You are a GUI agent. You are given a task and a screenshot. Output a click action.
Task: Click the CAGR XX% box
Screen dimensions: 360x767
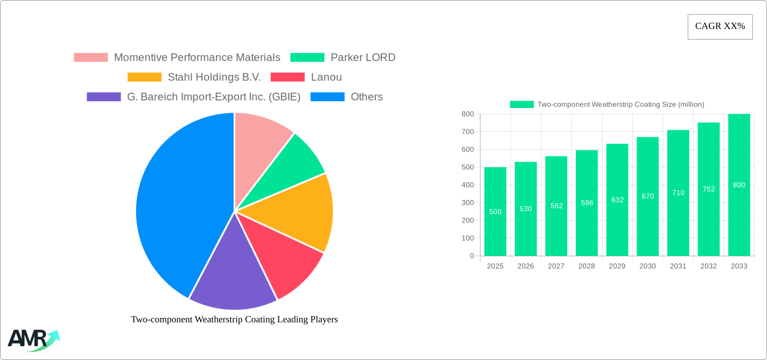[x=720, y=27]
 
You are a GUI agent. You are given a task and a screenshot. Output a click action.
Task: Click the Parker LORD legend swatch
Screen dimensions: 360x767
[x=307, y=58]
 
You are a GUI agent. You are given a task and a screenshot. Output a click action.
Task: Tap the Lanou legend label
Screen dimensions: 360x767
[x=326, y=77]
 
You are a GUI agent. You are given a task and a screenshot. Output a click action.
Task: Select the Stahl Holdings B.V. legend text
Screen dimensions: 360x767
[x=214, y=77]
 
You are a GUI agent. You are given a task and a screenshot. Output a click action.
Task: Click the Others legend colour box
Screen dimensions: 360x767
[x=327, y=97]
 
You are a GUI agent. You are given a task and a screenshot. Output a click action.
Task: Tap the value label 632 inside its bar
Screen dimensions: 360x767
[x=617, y=200]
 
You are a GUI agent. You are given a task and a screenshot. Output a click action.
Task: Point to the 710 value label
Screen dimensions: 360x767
[x=678, y=193]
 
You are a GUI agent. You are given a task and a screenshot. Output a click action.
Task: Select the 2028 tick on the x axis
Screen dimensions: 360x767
[x=587, y=266]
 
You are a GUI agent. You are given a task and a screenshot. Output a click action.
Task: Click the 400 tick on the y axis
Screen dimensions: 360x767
[x=468, y=185]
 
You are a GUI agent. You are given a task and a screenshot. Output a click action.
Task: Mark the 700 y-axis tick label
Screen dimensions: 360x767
[x=468, y=132]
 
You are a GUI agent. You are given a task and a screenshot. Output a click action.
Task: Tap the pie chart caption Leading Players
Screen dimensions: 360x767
[x=234, y=319]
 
